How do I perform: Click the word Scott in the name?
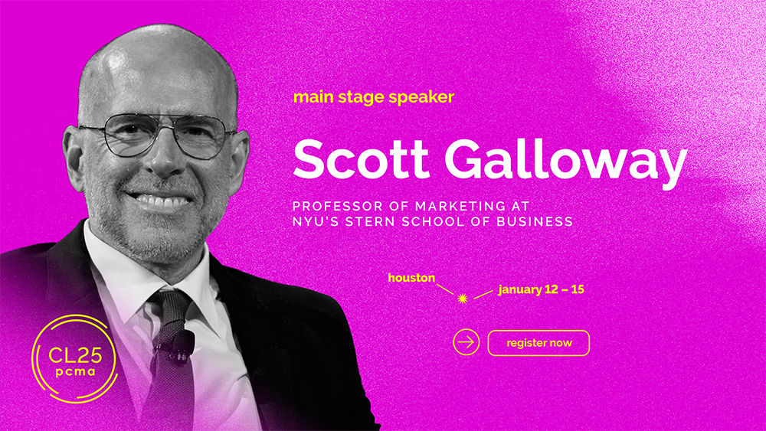pos(361,159)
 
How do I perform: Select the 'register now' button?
pos(538,343)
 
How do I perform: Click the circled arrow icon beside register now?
pos(466,342)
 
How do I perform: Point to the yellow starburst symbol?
pos(463,299)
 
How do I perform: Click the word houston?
pos(411,278)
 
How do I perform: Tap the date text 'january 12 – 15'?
pos(542,289)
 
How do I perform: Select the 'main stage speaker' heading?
pos(374,97)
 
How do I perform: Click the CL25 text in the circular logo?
pos(75,355)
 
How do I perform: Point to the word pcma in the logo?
pos(75,372)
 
